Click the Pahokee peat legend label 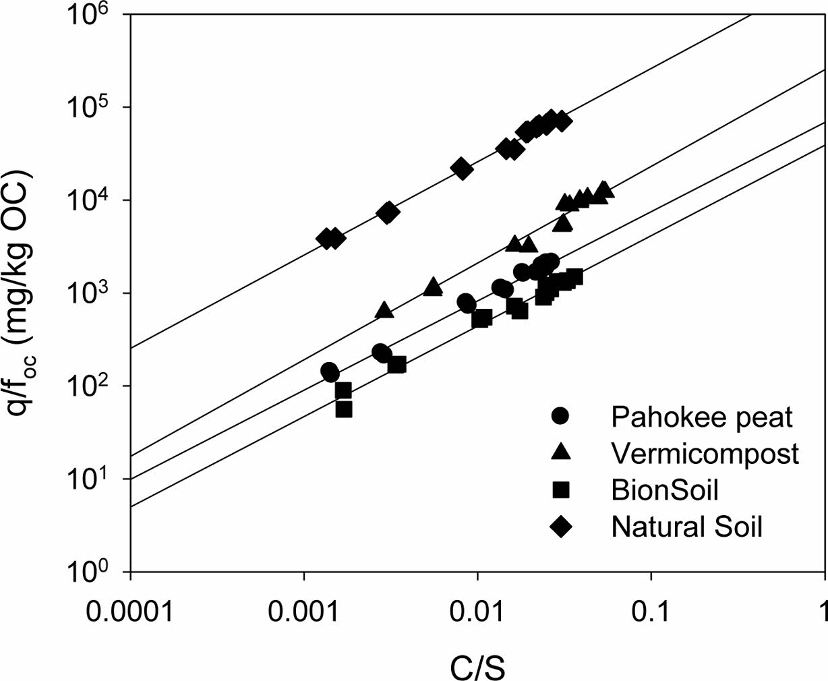tap(701, 417)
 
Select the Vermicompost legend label tap(705, 454)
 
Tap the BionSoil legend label tap(664, 490)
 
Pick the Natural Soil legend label tap(686, 526)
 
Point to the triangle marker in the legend tap(561, 453)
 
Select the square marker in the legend tap(561, 490)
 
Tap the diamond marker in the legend tap(561, 526)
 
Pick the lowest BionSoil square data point tap(344, 409)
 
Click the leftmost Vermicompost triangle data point tap(384, 310)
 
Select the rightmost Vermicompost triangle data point tap(604, 189)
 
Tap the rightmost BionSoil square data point tap(574, 276)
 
